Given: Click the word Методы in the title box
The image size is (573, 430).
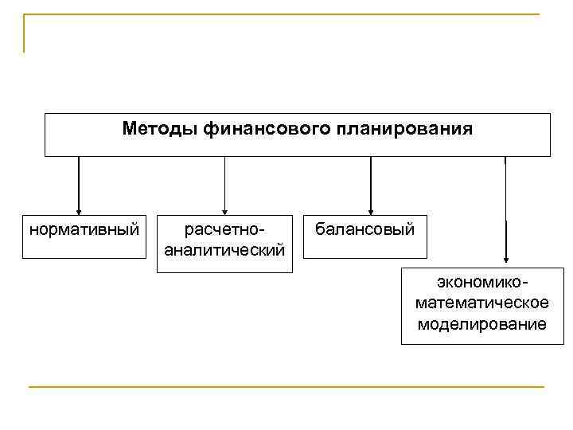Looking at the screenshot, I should (161, 128).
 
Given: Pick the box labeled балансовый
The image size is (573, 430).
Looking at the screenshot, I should (364, 236).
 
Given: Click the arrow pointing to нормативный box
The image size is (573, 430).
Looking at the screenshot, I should (79, 183).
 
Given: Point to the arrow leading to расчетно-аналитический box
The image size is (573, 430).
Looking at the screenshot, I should (224, 183).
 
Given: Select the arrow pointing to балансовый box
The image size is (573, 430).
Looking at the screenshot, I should (370, 183).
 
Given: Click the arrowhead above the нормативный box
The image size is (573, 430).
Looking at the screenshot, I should (79, 209).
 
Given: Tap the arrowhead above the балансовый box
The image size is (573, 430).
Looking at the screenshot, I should (370, 209).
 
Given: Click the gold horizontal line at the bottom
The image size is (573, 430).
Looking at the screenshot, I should (286, 387).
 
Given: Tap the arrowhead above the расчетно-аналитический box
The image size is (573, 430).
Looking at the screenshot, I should (224, 209).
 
